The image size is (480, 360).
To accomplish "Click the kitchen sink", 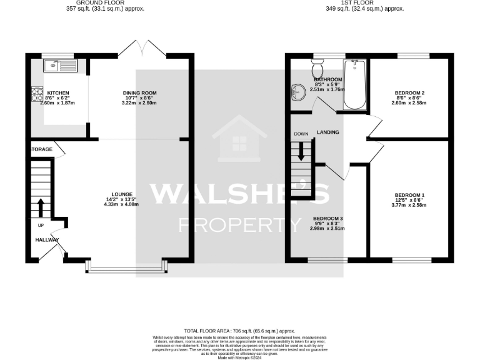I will coord(59,64).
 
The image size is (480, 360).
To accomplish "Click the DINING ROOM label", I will coord(139,93).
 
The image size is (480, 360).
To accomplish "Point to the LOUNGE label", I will coord(121,195).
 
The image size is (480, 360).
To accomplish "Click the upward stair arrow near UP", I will coord(41,207).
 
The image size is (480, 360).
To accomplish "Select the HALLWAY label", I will coord(47,239).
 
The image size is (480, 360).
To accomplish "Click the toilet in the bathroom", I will coord(317,67).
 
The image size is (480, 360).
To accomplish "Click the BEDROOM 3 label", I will coord(328,219).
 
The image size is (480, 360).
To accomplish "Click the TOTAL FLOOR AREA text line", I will coord(239,331).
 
